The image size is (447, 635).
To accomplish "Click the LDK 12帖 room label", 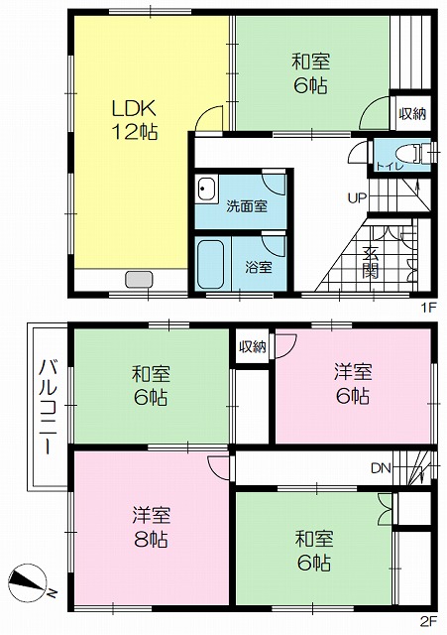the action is click(134, 120).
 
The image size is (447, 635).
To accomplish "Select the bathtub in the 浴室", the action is click(211, 264).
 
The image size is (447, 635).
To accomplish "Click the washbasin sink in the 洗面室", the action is click(207, 190).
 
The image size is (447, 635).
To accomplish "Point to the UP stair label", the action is click(357, 198).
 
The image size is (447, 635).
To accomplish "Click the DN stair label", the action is click(381, 468).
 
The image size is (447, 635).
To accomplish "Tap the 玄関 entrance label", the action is click(371, 262).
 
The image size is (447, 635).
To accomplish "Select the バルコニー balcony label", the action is click(49, 406).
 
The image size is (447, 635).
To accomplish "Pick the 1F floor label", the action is click(429, 308).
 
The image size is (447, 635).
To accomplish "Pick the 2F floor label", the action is click(429, 620).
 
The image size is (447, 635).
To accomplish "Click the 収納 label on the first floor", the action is click(412, 114).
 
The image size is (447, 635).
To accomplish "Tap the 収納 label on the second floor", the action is click(253, 346).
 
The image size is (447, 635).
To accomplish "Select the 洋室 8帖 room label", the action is click(152, 527).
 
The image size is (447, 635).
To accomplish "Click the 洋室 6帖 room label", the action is click(353, 384).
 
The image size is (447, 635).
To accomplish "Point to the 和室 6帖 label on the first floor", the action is click(310, 73).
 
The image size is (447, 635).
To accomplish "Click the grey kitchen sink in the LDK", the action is click(139, 280).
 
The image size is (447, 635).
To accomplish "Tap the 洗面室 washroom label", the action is click(247, 206).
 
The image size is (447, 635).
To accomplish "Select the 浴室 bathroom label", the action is click(259, 267).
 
